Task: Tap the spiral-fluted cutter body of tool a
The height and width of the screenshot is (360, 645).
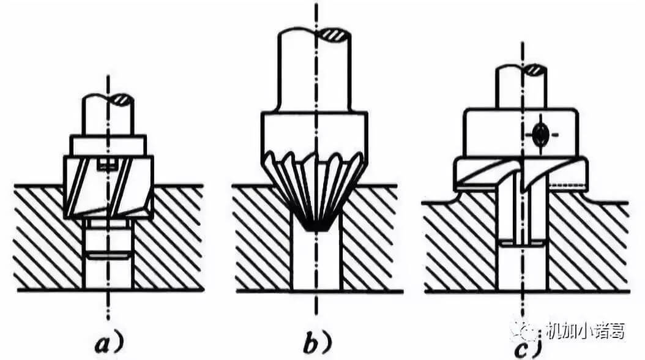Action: tap(109, 187)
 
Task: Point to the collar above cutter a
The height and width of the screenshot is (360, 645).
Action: tap(108, 144)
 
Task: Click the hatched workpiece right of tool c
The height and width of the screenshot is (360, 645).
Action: tap(587, 245)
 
